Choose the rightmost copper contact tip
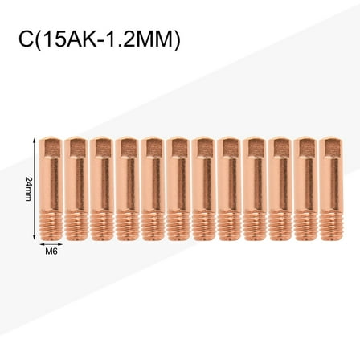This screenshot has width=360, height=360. tap(328, 185)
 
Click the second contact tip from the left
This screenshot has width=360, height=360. tap(77, 185)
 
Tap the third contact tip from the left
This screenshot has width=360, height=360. tap(101, 185)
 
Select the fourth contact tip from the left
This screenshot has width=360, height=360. tap(127, 185)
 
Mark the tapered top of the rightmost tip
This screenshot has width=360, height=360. tap(328, 143)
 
